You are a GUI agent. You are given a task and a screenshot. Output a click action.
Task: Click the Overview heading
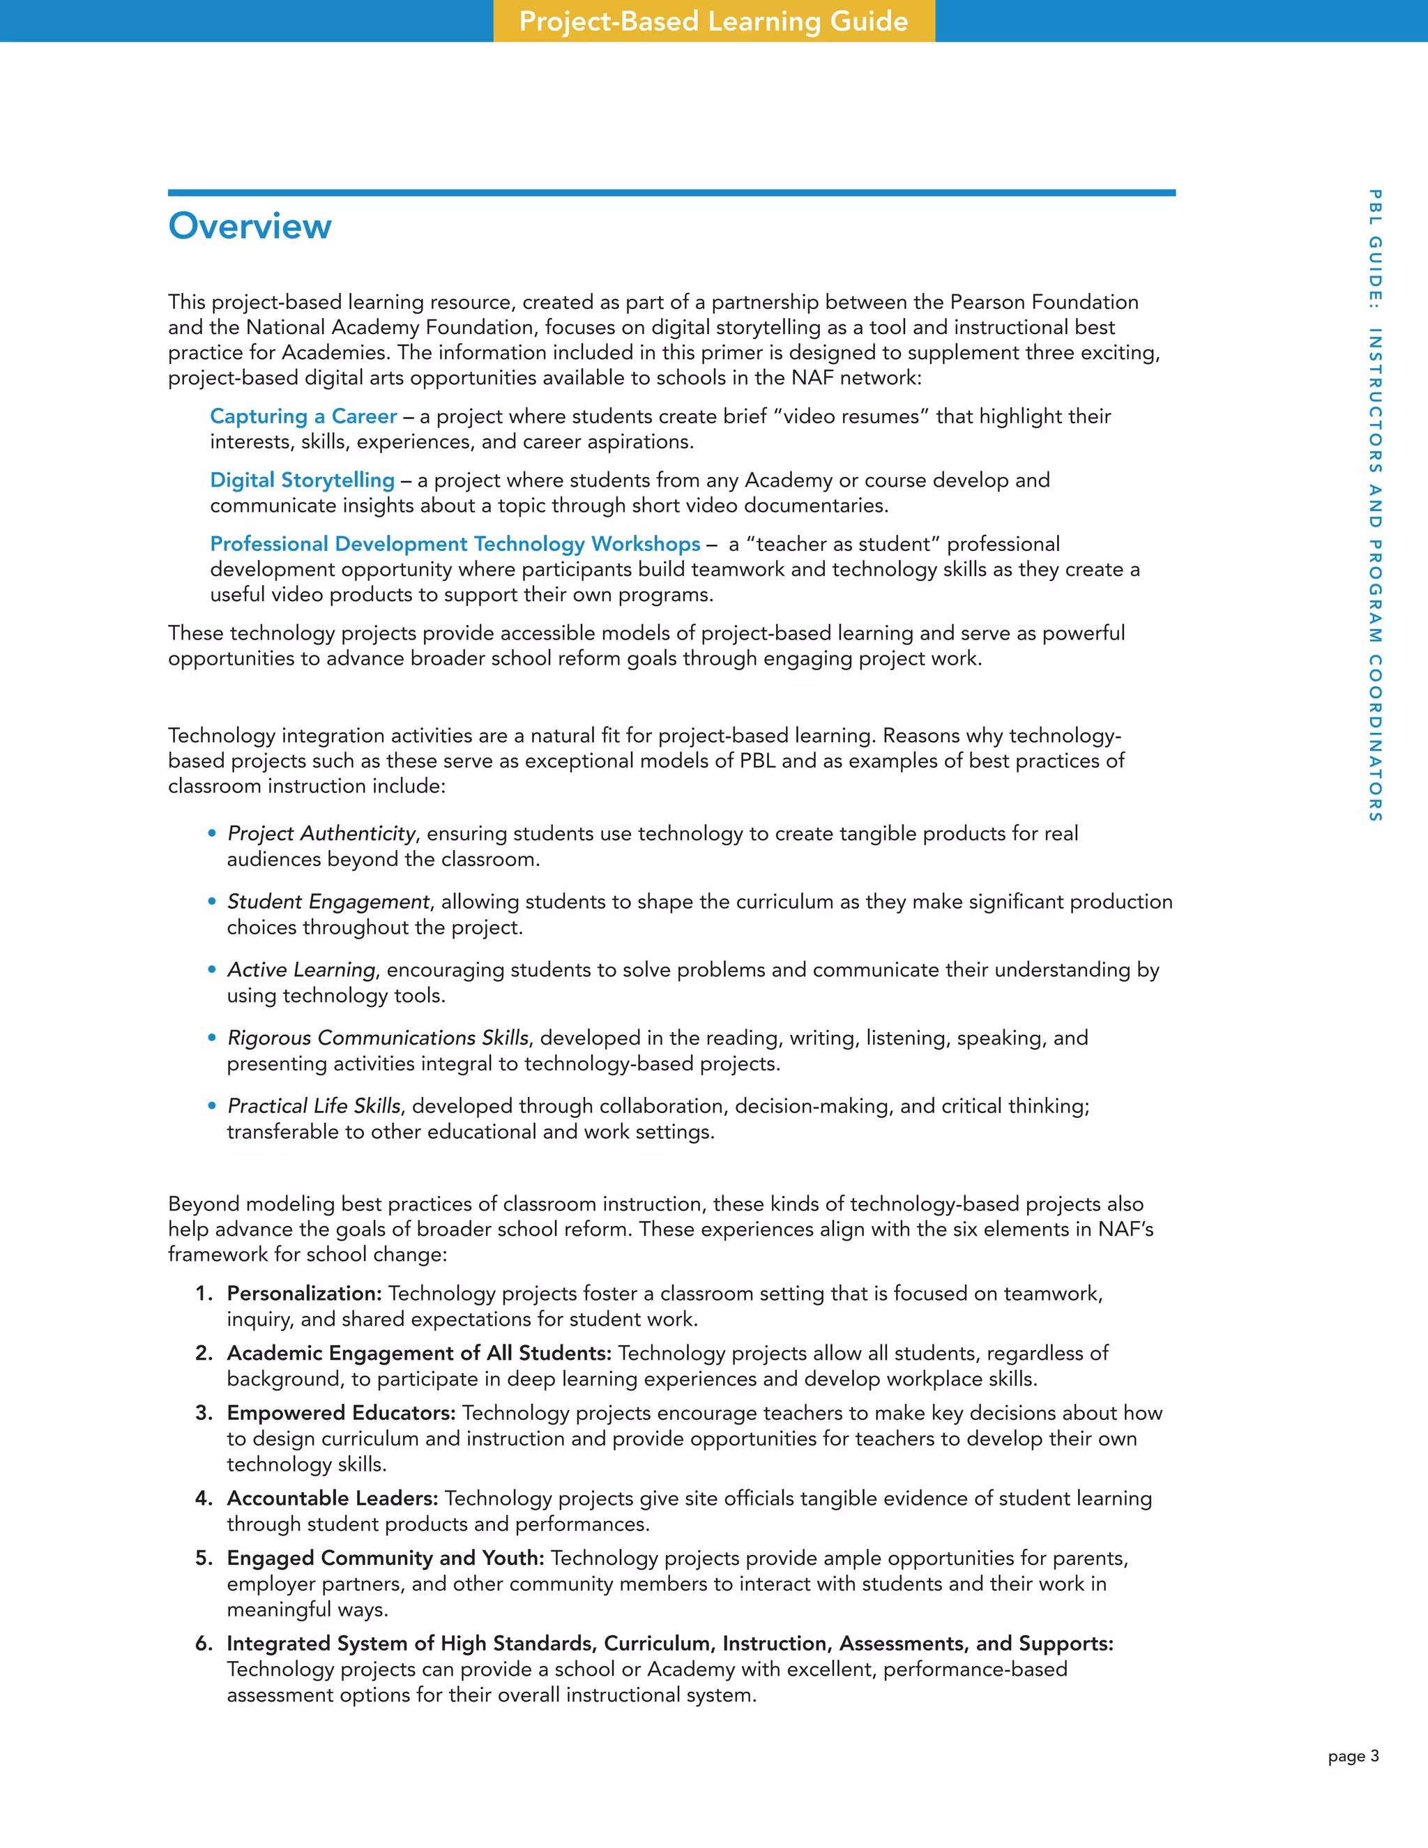pyautogui.click(x=250, y=227)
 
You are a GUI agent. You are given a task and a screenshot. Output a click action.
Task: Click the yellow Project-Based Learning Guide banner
pyautogui.click(x=713, y=21)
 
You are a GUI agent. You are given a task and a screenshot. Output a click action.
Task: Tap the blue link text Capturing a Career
pyautogui.click(x=303, y=416)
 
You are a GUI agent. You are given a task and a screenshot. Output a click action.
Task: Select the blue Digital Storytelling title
pyautogui.click(x=302, y=480)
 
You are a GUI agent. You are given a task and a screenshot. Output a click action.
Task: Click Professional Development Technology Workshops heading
pyautogui.click(x=455, y=544)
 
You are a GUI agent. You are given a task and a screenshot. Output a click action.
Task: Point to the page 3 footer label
pyautogui.click(x=1353, y=1756)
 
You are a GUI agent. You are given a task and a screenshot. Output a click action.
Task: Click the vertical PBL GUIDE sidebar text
pyautogui.click(x=1375, y=504)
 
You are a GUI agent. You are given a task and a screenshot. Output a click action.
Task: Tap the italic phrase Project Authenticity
pyautogui.click(x=321, y=833)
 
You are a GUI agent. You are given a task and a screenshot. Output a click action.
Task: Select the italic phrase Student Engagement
pyautogui.click(x=328, y=901)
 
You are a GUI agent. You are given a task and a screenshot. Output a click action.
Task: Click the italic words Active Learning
pyautogui.click(x=301, y=970)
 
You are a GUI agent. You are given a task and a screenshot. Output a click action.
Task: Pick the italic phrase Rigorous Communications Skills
pyautogui.click(x=377, y=1038)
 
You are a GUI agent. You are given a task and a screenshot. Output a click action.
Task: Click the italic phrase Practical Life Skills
pyautogui.click(x=314, y=1106)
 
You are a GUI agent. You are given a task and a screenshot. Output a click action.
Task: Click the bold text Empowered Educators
pyautogui.click(x=340, y=1413)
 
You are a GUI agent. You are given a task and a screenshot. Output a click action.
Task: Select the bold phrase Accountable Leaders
pyautogui.click(x=332, y=1499)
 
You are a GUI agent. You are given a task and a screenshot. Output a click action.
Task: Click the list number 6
pyautogui.click(x=203, y=1643)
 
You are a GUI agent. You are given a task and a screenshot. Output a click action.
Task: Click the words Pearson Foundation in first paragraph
pyautogui.click(x=1044, y=302)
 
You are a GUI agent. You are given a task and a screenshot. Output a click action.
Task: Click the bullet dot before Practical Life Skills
pyautogui.click(x=213, y=1106)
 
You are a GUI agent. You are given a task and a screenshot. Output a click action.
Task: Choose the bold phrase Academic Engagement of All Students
pyautogui.click(x=418, y=1353)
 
